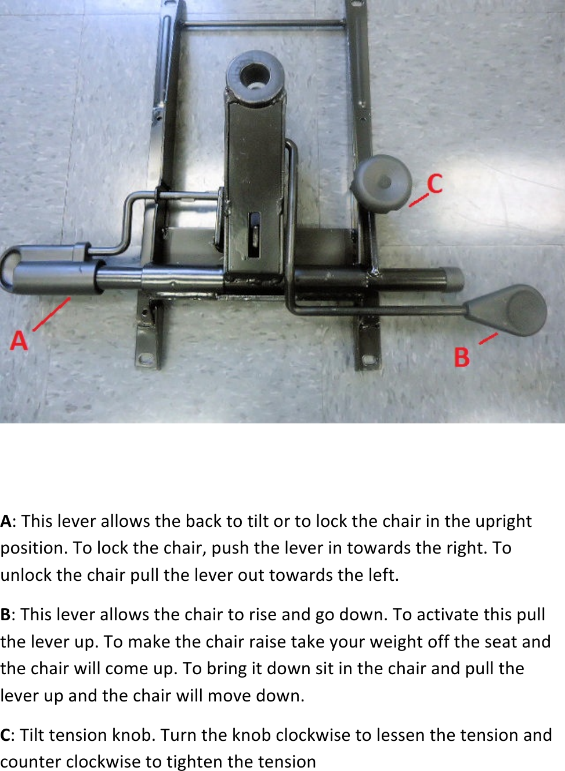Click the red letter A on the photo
pos(19,340)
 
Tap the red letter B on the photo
pos(462,357)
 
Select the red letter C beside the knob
pos(435,184)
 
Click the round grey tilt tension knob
pos(381,184)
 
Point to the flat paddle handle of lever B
pos(510,310)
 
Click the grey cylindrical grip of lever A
pos(55,277)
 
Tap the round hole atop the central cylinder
pos(255,75)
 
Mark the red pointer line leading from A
pos(52,314)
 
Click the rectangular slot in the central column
pos(254,235)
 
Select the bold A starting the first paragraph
pos(6,521)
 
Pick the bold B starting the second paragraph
pos(6,614)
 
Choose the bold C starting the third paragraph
pos(5,735)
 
